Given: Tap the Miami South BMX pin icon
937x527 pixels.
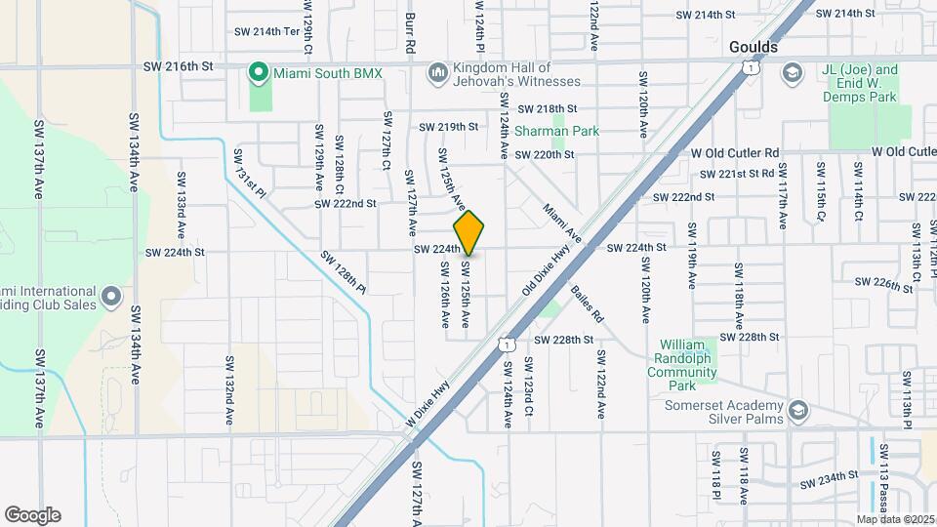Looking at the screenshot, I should pos(259,73).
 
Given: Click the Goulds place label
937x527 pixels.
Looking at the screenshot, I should pos(754,47).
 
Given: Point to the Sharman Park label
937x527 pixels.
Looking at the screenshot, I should pos(556,131).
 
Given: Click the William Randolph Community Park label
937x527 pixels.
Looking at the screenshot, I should pos(688,358).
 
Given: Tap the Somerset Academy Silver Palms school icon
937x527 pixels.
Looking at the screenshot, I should pos(799,408).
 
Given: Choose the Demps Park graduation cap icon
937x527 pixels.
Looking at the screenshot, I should pos(791,73).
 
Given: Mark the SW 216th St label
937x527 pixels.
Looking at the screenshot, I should pos(178,66).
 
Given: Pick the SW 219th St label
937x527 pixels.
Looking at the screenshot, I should pos(449,127).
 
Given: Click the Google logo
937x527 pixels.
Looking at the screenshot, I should pos(32,514).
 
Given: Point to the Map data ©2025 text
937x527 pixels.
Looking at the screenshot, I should pos(896,519).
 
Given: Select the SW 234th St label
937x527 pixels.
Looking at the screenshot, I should pos(829,480).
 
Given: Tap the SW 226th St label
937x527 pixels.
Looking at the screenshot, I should pos(883,283).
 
